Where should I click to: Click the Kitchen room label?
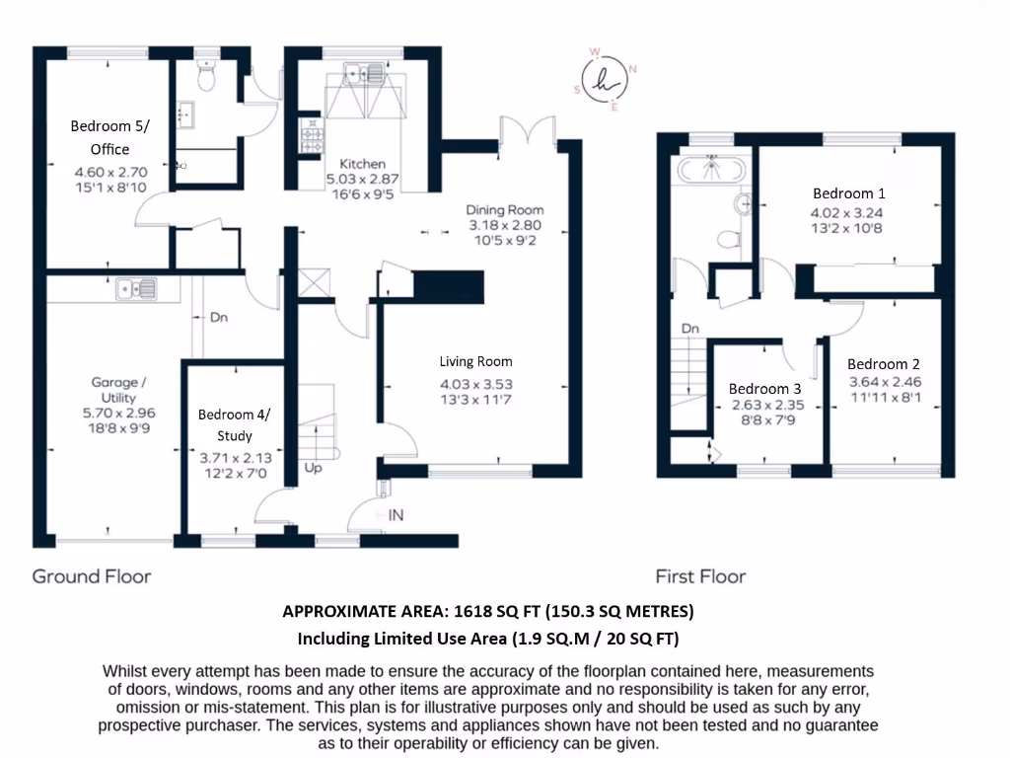click(x=362, y=164)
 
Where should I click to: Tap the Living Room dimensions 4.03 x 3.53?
click(x=476, y=385)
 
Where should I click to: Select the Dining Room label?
click(x=505, y=210)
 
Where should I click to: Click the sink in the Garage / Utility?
click(x=135, y=288)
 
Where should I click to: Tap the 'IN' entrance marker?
click(x=397, y=515)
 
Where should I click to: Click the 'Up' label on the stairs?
click(x=313, y=467)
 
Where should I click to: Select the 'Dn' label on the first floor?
click(x=690, y=328)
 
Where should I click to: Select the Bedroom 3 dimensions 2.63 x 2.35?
click(x=759, y=405)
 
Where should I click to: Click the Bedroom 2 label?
click(x=877, y=363)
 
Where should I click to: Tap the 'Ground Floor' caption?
click(x=92, y=575)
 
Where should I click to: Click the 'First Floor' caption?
click(x=700, y=575)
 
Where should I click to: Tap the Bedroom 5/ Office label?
click(x=101, y=137)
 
